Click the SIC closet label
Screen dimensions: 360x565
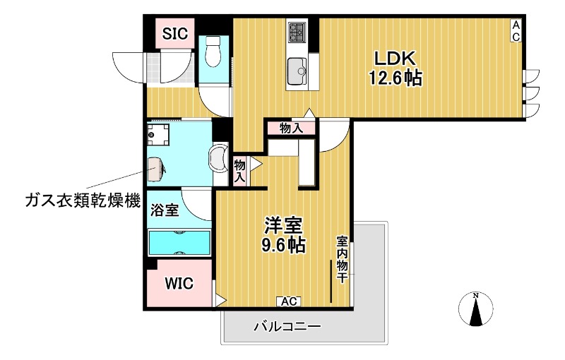pyautogui.click(x=174, y=33)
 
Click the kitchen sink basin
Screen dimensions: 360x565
pyautogui.click(x=297, y=71)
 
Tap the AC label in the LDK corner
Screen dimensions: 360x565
pyautogui.click(x=516, y=31)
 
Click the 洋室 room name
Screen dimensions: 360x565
pyautogui.click(x=284, y=227)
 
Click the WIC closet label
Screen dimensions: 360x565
pyautogui.click(x=179, y=283)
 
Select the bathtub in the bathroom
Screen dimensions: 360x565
pyautogui.click(x=179, y=242)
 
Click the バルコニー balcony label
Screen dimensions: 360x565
pyautogui.click(x=287, y=327)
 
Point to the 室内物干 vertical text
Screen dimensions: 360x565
pyautogui.click(x=341, y=259)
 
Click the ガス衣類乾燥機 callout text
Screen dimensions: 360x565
pyautogui.click(x=73, y=199)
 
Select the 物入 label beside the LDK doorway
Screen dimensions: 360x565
pyautogui.click(x=291, y=128)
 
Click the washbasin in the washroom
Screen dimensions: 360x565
pyautogui.click(x=220, y=157)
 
